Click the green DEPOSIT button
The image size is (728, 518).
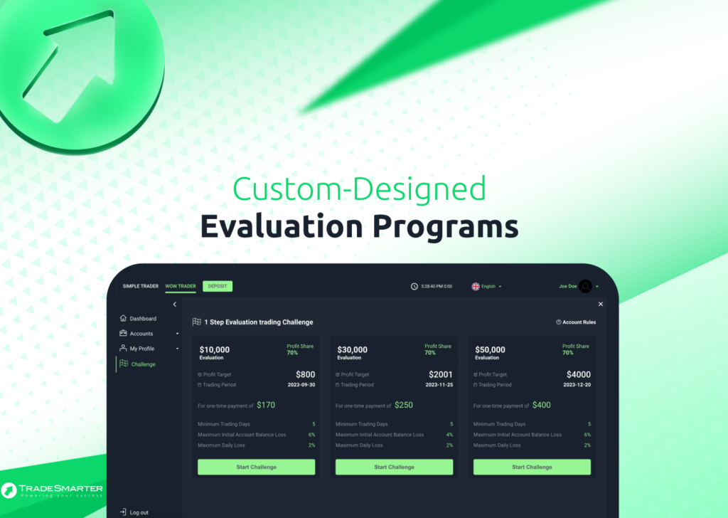(x=218, y=286)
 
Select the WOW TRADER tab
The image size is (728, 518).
(x=181, y=286)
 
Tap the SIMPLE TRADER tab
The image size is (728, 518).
(x=141, y=286)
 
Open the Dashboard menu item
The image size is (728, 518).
(x=139, y=319)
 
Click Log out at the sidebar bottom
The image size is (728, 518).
(x=134, y=512)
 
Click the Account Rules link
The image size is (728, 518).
(x=576, y=322)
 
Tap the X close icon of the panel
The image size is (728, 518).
(x=600, y=304)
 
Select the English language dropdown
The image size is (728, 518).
(x=486, y=286)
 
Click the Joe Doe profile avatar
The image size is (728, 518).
(x=586, y=286)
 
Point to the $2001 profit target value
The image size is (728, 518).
(x=441, y=374)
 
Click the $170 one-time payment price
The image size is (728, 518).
(x=266, y=405)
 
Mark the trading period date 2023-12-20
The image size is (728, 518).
(x=577, y=385)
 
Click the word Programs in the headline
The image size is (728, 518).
(x=445, y=227)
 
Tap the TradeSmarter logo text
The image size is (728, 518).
(x=61, y=488)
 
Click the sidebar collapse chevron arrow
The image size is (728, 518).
(x=175, y=305)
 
